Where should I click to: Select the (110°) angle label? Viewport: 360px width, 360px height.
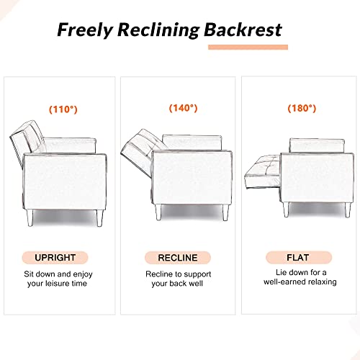64,110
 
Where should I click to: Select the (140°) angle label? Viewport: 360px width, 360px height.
183,108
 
